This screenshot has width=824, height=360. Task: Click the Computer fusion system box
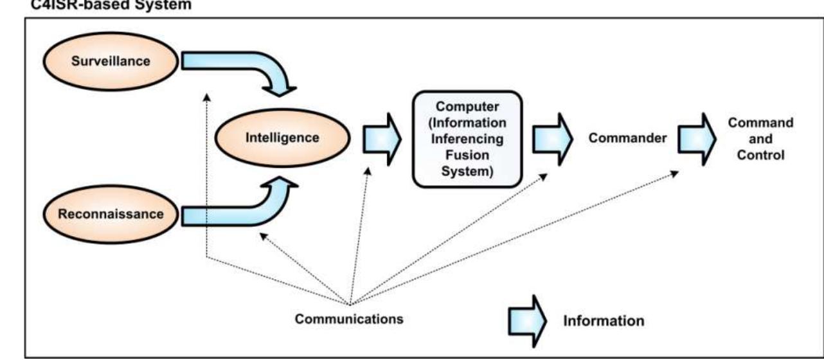click(467, 139)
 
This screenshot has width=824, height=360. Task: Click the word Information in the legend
click(604, 319)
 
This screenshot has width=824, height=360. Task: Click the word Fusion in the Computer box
click(467, 155)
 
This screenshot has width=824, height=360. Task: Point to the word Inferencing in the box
click(467, 139)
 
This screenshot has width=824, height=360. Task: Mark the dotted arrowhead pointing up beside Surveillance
click(206, 97)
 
